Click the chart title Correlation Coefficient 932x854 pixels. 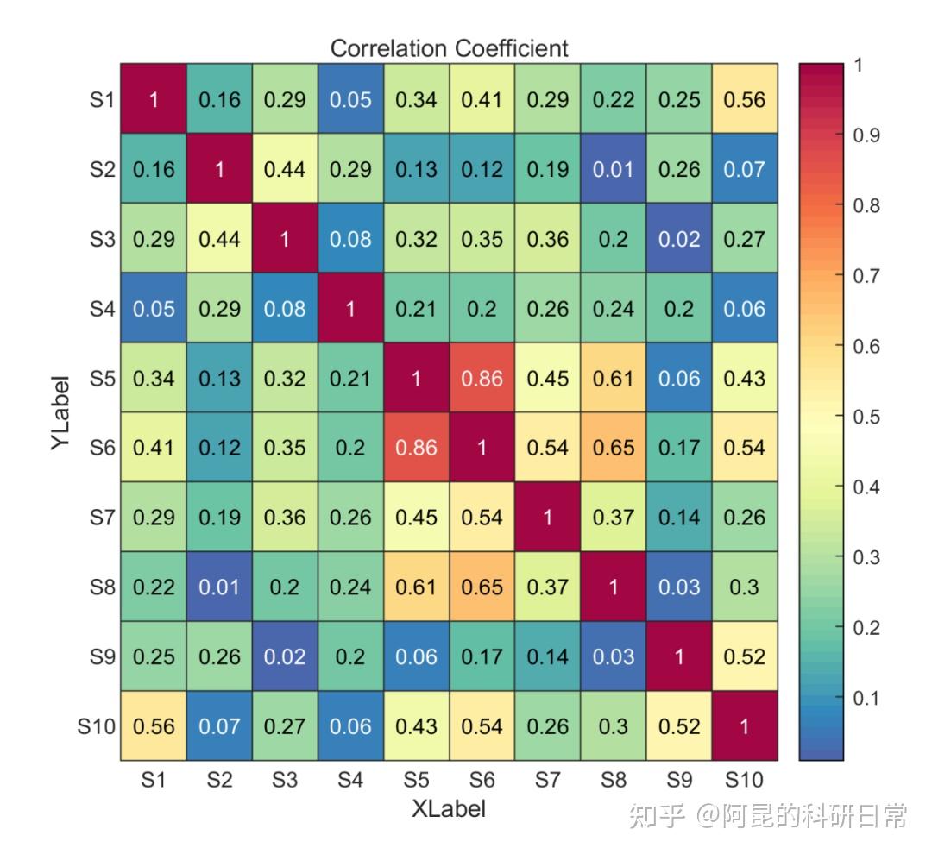[x=449, y=48]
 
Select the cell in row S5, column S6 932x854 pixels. [x=482, y=378]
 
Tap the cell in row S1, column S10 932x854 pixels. [x=745, y=99]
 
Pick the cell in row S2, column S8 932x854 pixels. [x=614, y=169]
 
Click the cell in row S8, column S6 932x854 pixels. [x=482, y=587]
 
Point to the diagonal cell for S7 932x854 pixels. [x=548, y=517]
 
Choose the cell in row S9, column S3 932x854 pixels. [x=285, y=656]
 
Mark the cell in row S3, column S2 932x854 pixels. [x=219, y=239]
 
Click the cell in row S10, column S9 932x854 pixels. [x=679, y=726]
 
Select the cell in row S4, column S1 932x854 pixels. [x=154, y=309]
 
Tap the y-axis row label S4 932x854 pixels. [x=102, y=309]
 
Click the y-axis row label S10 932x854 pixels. [x=96, y=726]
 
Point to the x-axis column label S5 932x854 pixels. [x=416, y=781]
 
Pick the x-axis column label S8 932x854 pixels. [x=614, y=781]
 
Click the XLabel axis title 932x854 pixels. [x=449, y=808]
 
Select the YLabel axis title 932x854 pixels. [x=60, y=411]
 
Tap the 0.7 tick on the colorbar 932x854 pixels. [x=866, y=276]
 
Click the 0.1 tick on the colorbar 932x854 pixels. [x=866, y=698]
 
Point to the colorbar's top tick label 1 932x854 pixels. [x=858, y=65]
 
